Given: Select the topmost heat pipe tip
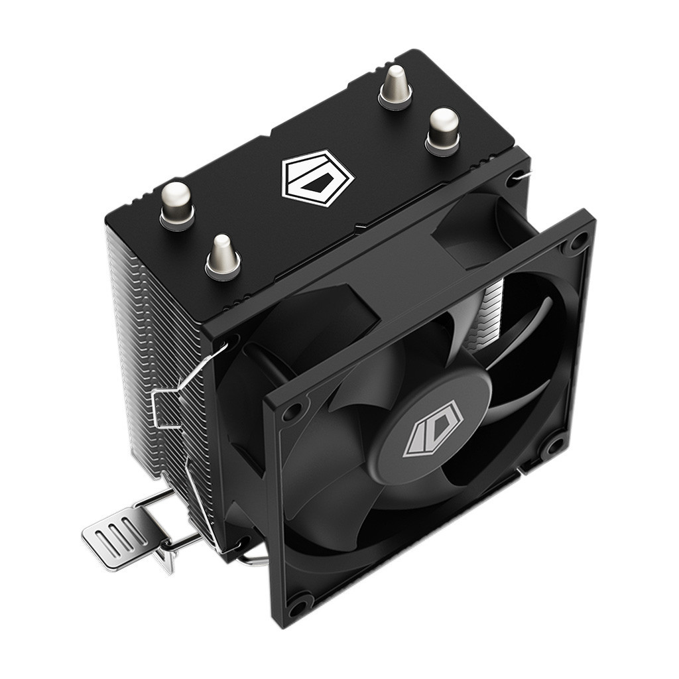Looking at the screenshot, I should click(x=396, y=86).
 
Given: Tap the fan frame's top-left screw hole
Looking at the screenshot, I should click(x=290, y=412).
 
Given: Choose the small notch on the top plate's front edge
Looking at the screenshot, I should click(x=358, y=229).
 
